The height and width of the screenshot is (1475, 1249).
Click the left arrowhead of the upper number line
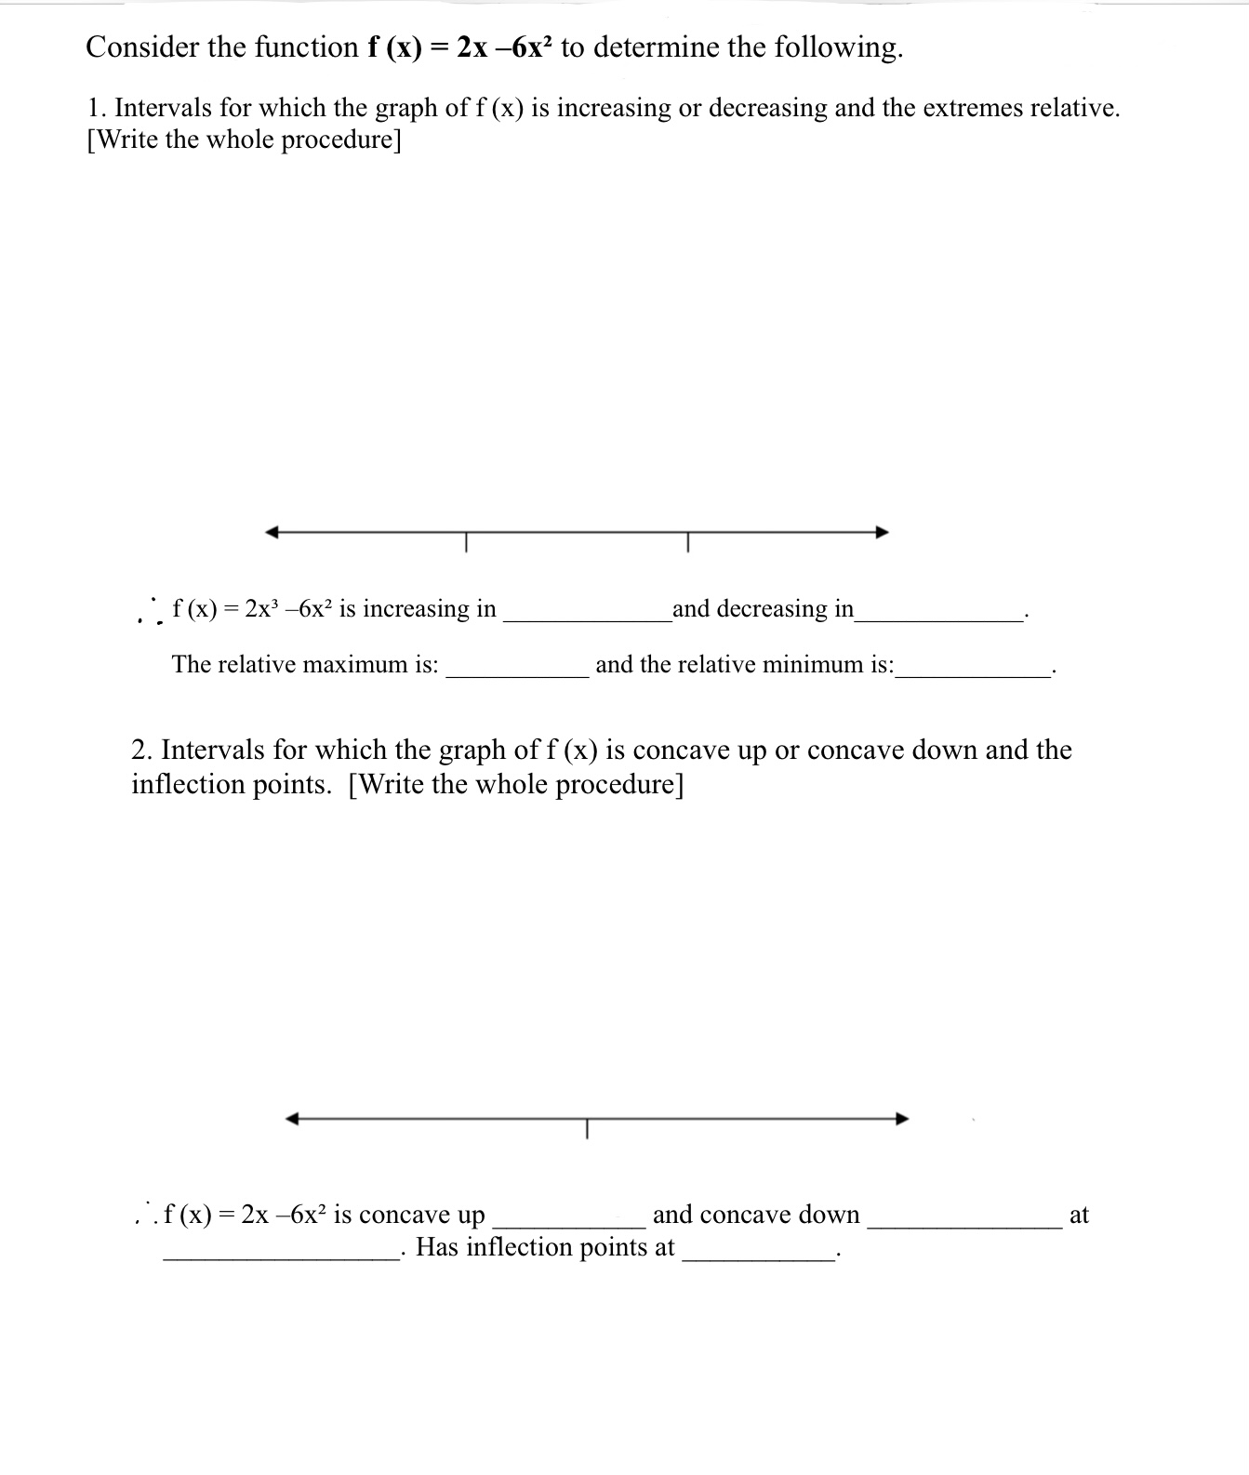coord(272,532)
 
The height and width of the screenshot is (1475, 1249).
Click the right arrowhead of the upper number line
coord(883,532)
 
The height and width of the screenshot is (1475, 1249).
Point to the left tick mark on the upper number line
coord(467,540)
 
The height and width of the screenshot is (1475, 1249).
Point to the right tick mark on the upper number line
coord(688,540)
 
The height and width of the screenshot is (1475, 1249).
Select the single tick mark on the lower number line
coord(587,1127)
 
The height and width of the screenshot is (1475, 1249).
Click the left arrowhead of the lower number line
coord(292,1118)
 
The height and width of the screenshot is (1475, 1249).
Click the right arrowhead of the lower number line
coord(902,1118)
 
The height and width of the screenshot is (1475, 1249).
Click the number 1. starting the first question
coord(97,108)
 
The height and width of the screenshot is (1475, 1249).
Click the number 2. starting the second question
coord(142,750)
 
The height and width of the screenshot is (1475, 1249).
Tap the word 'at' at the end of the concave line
coord(1079,1215)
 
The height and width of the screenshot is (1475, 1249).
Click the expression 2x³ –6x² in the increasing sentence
coord(287,609)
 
